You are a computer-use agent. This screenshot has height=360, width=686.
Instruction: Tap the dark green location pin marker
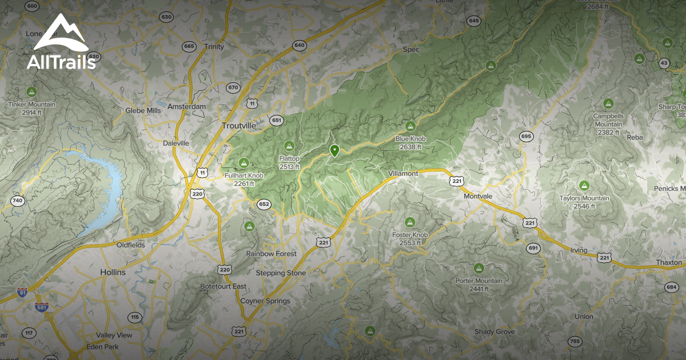(x=334, y=151)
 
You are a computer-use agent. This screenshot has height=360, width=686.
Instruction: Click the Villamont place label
(x=403, y=173)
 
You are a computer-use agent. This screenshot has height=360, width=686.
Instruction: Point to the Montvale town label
(x=478, y=196)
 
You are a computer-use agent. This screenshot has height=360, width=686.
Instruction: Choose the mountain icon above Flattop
(x=289, y=146)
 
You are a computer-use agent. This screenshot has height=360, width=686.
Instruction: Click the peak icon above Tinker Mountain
(x=31, y=92)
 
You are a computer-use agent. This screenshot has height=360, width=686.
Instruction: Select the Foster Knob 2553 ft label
(x=410, y=238)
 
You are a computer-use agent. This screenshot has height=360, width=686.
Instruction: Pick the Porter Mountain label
(x=479, y=281)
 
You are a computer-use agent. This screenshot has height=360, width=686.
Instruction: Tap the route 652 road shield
(x=264, y=204)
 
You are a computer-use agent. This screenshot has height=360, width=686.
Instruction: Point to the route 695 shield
(x=526, y=136)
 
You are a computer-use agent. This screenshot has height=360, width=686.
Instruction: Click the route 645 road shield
(x=473, y=21)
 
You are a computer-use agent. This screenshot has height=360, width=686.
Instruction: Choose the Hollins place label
(x=113, y=273)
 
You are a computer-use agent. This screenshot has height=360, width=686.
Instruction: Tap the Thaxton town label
(x=668, y=262)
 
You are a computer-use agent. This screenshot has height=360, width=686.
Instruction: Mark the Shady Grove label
(x=494, y=332)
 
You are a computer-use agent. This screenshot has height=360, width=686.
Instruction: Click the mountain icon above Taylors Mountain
(x=584, y=186)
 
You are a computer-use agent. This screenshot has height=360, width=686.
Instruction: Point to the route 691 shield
(x=533, y=248)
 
